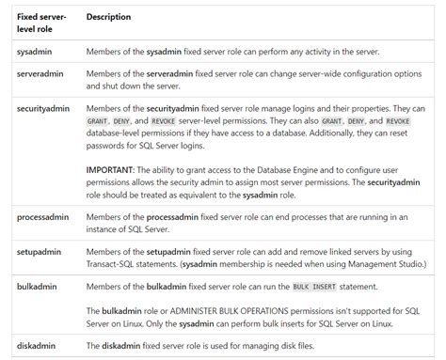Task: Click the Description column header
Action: [108, 17]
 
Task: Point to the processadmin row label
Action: [44, 217]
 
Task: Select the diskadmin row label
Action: [38, 345]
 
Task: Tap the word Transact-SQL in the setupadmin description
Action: [117, 265]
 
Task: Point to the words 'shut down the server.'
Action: [132, 86]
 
